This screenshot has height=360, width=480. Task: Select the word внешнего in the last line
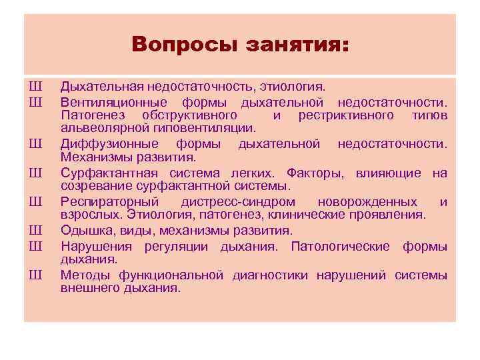pos(87,288)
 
